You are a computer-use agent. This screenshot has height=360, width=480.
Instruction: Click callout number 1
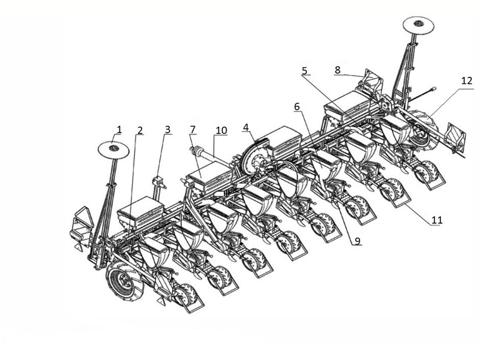[119, 130]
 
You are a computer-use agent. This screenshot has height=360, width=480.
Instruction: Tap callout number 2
[140, 131]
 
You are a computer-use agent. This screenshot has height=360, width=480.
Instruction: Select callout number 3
[167, 130]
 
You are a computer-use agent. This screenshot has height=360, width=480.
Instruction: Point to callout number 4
[245, 128]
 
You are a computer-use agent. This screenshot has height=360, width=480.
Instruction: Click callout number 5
[304, 71]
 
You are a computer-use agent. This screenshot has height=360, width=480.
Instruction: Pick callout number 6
[297, 107]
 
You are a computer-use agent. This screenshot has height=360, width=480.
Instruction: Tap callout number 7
[193, 130]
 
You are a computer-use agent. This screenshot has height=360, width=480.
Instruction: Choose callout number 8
[337, 70]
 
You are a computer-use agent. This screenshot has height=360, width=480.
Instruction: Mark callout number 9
[358, 241]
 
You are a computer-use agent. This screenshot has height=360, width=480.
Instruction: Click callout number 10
[221, 130]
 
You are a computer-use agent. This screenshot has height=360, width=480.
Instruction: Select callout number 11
[437, 220]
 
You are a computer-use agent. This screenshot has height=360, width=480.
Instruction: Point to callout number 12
[467, 81]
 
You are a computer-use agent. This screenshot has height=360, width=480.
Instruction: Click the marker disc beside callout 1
[113, 149]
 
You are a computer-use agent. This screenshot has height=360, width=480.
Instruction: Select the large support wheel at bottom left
[124, 280]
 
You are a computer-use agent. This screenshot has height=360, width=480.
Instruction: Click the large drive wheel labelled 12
[424, 130]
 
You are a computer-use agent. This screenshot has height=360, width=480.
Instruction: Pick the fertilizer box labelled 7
[209, 178]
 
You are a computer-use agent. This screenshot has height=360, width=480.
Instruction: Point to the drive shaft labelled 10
[211, 157]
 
